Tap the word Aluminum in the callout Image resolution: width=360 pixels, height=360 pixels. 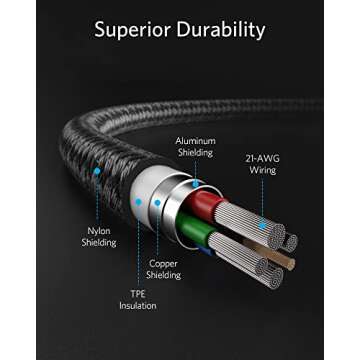point(194,141)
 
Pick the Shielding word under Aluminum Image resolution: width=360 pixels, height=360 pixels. point(194,152)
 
